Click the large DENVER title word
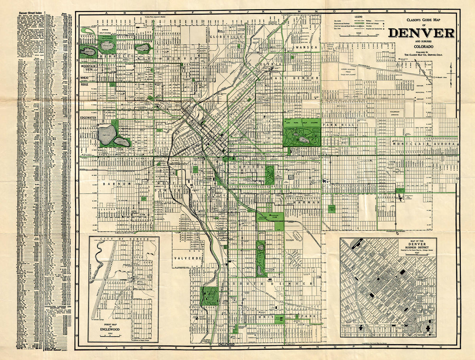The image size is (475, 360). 421,33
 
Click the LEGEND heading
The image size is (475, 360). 358,17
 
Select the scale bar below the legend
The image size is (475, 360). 358,35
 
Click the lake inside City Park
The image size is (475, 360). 304,140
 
